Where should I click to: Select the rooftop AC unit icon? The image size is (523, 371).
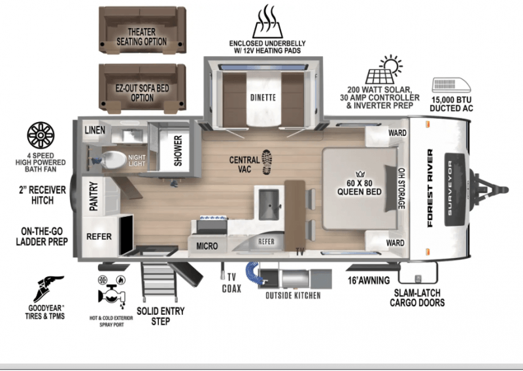pos(452,86)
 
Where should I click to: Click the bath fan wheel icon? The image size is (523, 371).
pos(41,135)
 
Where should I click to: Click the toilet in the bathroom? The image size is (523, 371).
pos(111,159)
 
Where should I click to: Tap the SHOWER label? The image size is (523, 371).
pos(178,150)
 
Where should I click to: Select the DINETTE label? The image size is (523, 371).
pos(261,97)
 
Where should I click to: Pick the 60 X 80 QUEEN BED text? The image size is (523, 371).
pos(360,186)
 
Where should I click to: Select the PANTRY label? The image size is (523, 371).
pos(93,196)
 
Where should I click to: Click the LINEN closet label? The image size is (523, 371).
pos(94,131)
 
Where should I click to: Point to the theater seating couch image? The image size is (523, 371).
pos(141,29)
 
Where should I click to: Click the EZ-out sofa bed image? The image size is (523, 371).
pos(141,87)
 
